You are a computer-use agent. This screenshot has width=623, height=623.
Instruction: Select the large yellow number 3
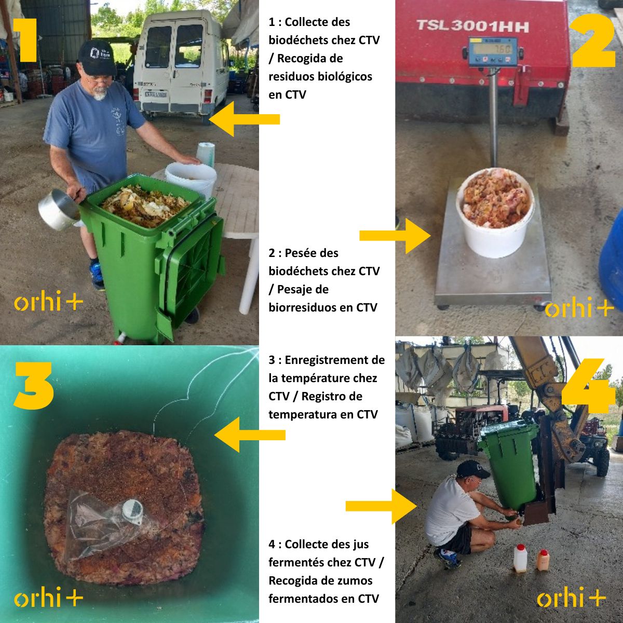[x=33, y=385]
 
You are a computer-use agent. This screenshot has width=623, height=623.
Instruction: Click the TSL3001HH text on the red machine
[x=472, y=26]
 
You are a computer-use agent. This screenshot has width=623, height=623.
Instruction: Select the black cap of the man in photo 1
[x=97, y=58]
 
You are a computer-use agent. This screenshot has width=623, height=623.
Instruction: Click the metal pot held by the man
[x=59, y=210]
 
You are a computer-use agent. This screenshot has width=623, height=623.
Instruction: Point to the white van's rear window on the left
[x=158, y=47]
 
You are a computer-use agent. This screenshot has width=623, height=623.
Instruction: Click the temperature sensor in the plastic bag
[x=132, y=512]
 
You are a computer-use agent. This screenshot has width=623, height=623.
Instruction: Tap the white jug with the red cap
[x=520, y=558]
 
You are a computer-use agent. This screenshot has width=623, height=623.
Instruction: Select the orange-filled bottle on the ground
[x=543, y=560]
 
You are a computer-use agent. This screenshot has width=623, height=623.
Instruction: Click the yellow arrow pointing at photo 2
[x=395, y=236]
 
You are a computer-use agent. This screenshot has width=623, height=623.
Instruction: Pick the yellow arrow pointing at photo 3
[x=250, y=435]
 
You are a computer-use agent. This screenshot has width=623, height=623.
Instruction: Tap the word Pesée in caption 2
[x=311, y=253]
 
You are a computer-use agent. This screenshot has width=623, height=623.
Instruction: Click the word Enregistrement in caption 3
[x=335, y=360]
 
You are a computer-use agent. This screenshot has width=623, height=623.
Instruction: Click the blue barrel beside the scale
[x=611, y=255]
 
